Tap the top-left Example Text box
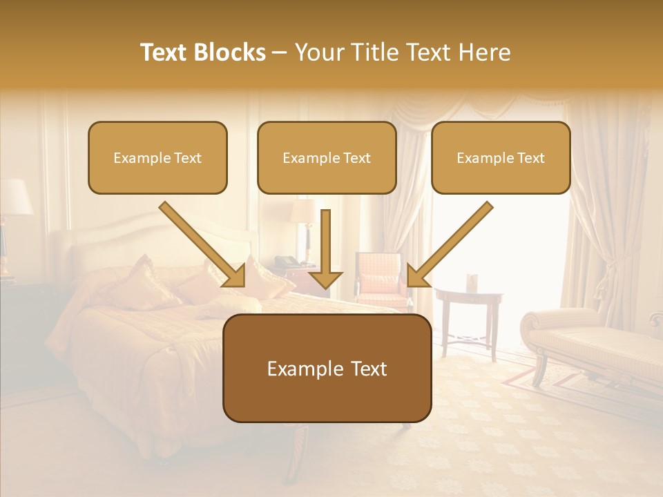[157, 157]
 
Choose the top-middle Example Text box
[327, 157]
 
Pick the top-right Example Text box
[501, 157]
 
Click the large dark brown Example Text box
[327, 368]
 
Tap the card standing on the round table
[472, 282]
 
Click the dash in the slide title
[280, 53]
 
